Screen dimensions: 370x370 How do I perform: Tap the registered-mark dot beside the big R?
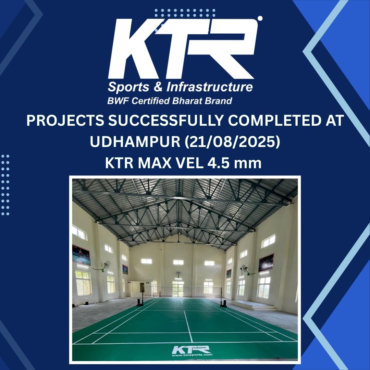pyautogui.click(x=260, y=18)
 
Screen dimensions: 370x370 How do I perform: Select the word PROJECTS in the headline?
pyautogui.click(x=65, y=121)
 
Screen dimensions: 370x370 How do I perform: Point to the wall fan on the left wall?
pyautogui.click(x=107, y=265)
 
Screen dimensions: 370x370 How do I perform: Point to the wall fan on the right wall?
pyautogui.click(x=244, y=269)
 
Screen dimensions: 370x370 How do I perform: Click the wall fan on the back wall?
pyautogui.click(x=178, y=274)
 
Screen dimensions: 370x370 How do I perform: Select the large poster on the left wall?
pyautogui.click(x=81, y=255)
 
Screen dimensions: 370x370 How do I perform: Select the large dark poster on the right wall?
pyautogui.click(x=267, y=262)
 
